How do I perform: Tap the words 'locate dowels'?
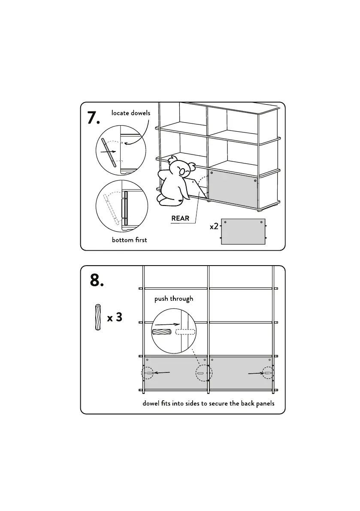tap(131, 113)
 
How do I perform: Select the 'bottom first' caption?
tap(129, 240)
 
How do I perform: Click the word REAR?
tap(180, 218)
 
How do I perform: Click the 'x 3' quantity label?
tap(115, 317)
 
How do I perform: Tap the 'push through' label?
tap(174, 299)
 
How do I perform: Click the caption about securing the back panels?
tap(209, 404)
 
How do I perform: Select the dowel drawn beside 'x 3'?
tap(98, 317)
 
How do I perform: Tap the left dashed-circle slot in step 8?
tap(148, 374)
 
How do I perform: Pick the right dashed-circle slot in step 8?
tap(268, 373)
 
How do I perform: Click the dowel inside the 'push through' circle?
tap(162, 332)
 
